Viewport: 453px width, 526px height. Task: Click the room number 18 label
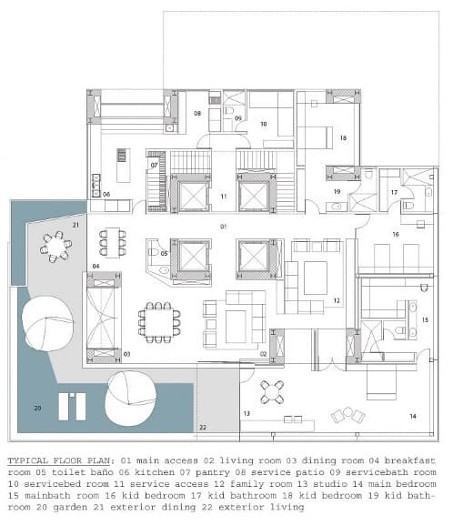click(343, 138)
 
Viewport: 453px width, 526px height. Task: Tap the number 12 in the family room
click(337, 300)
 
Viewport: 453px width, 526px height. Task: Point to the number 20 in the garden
click(37, 408)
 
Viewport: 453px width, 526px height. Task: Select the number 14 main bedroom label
click(413, 416)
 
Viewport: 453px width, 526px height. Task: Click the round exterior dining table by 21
click(55, 247)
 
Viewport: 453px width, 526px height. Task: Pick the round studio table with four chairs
click(272, 392)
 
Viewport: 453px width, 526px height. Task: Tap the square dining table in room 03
click(159, 323)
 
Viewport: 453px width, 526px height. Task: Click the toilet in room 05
click(153, 251)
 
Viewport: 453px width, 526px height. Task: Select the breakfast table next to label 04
click(113, 243)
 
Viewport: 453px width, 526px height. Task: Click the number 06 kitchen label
click(106, 194)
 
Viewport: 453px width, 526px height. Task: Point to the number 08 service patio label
click(197, 114)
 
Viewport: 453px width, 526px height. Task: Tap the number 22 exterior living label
click(203, 428)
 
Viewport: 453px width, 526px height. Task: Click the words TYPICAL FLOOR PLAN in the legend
click(59, 460)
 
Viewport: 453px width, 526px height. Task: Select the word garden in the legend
click(70, 507)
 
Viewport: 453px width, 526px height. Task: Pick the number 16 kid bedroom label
click(396, 234)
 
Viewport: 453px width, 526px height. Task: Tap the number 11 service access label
click(224, 197)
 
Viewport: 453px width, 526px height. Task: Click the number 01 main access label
click(223, 227)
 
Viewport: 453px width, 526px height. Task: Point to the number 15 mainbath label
click(425, 319)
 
